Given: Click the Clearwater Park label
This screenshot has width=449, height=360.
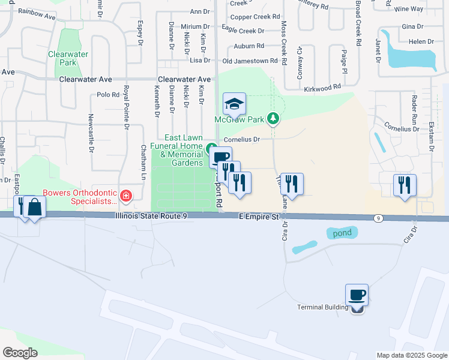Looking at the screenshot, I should [x=68, y=58].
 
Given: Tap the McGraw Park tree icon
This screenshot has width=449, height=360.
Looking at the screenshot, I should [x=273, y=118].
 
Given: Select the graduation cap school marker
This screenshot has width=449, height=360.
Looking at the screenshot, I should [x=235, y=104].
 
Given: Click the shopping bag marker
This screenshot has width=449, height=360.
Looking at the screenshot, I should [x=35, y=207].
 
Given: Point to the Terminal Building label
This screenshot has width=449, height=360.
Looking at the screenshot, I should [x=323, y=308].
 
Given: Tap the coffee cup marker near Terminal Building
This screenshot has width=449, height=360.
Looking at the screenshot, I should [x=357, y=295].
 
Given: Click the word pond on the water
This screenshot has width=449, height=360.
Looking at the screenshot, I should [x=342, y=232].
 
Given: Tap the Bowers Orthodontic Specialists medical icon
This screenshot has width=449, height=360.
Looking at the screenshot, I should [x=125, y=195].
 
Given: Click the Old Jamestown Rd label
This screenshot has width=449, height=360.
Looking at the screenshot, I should [x=250, y=61].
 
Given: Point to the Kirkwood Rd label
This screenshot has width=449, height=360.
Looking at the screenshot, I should [x=322, y=88].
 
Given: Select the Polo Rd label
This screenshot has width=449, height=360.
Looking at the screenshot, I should [x=108, y=95].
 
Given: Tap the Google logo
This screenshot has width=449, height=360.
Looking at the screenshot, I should [x=20, y=353].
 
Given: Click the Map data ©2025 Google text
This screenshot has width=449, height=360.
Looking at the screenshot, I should [x=411, y=355].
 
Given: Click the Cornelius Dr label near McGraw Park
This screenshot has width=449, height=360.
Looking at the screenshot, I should [x=241, y=140].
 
